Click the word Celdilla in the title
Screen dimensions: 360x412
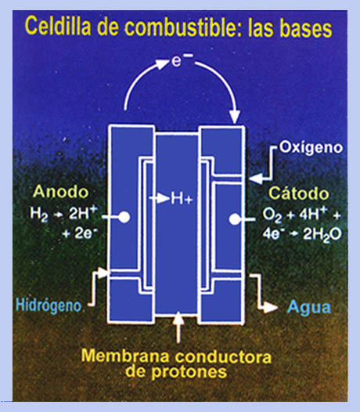click(x=58, y=26)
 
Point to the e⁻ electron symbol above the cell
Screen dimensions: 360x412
click(x=182, y=60)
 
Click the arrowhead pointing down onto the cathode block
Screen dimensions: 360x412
click(x=235, y=117)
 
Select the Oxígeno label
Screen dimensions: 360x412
click(x=311, y=148)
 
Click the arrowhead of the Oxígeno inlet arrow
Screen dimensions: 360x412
click(x=255, y=179)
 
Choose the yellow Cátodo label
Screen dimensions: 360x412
click(x=299, y=193)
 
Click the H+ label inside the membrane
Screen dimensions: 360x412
click(x=182, y=198)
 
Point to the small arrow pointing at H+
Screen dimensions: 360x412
click(x=160, y=198)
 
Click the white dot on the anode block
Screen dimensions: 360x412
click(x=124, y=217)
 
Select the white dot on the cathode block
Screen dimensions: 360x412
click(x=235, y=219)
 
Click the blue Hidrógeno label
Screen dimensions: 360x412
click(x=49, y=305)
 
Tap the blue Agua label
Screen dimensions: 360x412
click(x=309, y=307)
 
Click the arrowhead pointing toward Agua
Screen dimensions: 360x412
click(x=271, y=307)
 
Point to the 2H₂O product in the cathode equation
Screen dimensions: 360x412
click(x=322, y=234)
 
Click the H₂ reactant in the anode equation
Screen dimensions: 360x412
click(x=39, y=214)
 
